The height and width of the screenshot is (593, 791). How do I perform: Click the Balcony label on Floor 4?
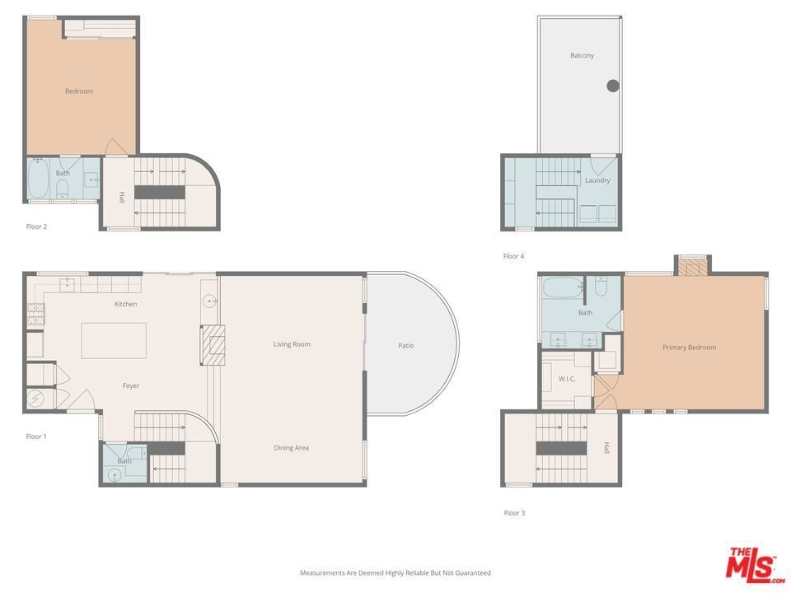(x=583, y=55)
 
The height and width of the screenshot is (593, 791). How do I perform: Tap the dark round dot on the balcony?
(x=613, y=86)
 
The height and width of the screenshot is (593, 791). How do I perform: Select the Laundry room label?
(x=597, y=180)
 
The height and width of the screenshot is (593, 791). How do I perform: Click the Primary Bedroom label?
(x=689, y=348)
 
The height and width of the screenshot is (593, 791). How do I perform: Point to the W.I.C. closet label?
(x=567, y=379)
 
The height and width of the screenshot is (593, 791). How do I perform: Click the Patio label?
(x=406, y=345)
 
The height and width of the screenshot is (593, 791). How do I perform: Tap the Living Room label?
(x=292, y=344)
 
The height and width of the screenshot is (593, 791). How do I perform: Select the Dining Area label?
(x=291, y=448)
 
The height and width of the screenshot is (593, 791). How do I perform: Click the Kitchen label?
(x=125, y=304)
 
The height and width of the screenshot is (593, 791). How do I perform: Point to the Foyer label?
(x=131, y=385)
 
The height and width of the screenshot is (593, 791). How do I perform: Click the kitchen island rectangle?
(x=114, y=341)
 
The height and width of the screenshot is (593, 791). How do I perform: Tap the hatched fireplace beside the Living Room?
(x=213, y=345)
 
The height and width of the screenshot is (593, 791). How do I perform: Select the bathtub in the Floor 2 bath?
(x=38, y=178)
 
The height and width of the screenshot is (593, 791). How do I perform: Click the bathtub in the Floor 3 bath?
(x=563, y=288)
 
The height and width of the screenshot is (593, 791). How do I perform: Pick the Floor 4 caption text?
(x=513, y=256)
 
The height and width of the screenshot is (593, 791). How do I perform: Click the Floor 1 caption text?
(x=36, y=437)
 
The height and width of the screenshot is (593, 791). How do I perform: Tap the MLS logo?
(x=755, y=564)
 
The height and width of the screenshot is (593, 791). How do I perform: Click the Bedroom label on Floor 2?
(x=79, y=91)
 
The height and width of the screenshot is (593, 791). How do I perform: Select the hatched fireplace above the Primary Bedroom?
(x=693, y=267)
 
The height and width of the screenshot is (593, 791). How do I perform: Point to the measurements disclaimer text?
(x=395, y=573)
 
